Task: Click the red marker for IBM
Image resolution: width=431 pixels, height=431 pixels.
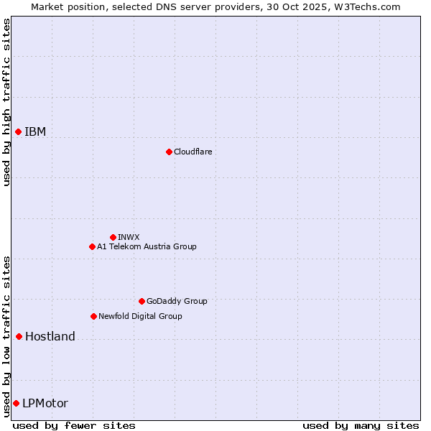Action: pyautogui.click(x=18, y=131)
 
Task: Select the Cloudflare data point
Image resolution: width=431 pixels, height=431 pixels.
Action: pyautogui.click(x=169, y=152)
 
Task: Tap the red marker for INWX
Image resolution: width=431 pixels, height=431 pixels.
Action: pyautogui.click(x=113, y=237)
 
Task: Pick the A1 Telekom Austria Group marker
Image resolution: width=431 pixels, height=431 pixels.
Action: pyautogui.click(x=92, y=246)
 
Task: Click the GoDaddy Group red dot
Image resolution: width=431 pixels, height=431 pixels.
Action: pyautogui.click(x=142, y=301)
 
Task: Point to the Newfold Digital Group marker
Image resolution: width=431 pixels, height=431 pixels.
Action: pyautogui.click(x=93, y=316)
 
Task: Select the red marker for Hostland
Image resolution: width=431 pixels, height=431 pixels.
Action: pyautogui.click(x=19, y=336)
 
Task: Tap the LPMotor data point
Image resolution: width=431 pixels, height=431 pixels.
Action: pyautogui.click(x=16, y=403)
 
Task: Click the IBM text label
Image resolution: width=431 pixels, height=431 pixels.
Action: pyautogui.click(x=35, y=131)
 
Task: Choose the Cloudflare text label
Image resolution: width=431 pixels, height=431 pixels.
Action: pyautogui.click(x=193, y=152)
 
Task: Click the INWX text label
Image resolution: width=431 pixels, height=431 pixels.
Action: pyautogui.click(x=129, y=237)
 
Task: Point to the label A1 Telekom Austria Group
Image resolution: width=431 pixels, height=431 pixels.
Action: pyautogui.click(x=147, y=246)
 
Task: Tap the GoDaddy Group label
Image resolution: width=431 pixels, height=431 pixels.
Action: pyautogui.click(x=177, y=301)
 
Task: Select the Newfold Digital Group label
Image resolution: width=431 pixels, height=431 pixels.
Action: pyautogui.click(x=140, y=316)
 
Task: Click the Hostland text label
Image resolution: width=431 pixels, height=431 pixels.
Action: pyautogui.click(x=50, y=336)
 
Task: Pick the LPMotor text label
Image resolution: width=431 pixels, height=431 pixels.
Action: pyautogui.click(x=45, y=403)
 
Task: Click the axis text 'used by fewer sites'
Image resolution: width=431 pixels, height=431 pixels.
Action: pyautogui.click(x=74, y=425)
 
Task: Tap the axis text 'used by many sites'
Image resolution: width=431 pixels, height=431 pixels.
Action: pyautogui.click(x=361, y=425)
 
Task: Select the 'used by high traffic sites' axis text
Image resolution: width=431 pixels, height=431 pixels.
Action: pyautogui.click(x=6, y=102)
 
